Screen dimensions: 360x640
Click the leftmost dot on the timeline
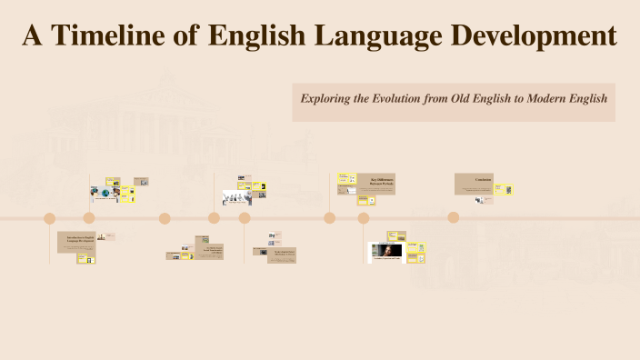click(x=50, y=218)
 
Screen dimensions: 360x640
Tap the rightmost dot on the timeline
click(x=454, y=217)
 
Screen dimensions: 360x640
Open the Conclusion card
click(x=474, y=184)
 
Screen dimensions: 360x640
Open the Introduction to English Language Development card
click(x=76, y=241)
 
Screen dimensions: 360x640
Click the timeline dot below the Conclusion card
click(x=454, y=217)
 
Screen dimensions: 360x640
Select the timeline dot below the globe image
click(x=89, y=218)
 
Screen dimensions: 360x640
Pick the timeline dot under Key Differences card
click(x=330, y=218)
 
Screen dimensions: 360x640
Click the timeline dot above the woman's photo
click(x=364, y=218)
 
